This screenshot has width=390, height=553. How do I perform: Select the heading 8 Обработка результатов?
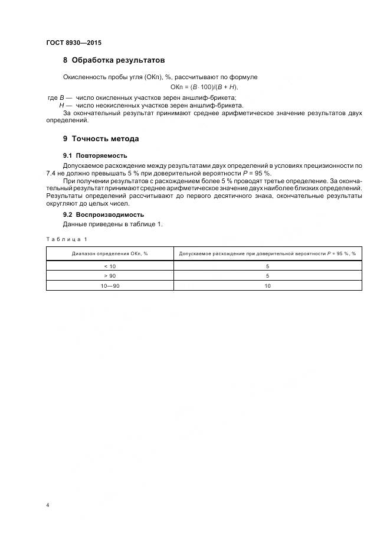click(x=113, y=60)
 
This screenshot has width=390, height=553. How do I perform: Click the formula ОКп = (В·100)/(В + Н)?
click(x=204, y=87)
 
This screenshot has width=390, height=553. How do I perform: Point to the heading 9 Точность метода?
click(x=101, y=139)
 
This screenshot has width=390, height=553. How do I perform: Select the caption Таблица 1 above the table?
click(x=66, y=239)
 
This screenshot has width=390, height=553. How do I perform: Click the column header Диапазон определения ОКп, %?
click(x=110, y=253)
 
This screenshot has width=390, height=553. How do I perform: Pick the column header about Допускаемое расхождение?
click(x=267, y=253)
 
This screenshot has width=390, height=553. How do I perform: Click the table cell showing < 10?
click(x=110, y=266)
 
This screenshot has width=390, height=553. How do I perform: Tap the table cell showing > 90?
click(x=110, y=275)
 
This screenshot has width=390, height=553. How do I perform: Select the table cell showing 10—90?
click(x=110, y=285)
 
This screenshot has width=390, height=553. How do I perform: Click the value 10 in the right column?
click(x=267, y=285)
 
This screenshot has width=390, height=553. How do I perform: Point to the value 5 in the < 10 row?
click(x=267, y=266)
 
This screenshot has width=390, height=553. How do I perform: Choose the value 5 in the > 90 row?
click(x=267, y=275)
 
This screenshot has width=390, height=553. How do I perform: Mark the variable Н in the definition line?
click(x=62, y=105)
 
